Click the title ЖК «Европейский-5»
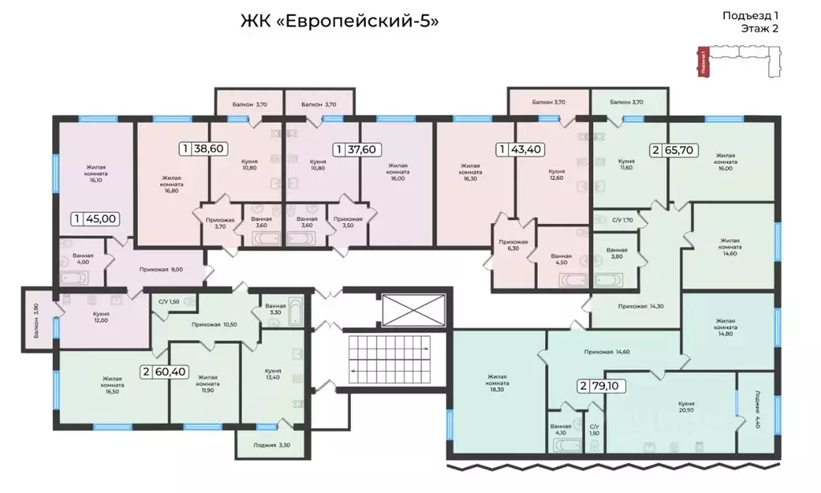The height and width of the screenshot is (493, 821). [x=339, y=21]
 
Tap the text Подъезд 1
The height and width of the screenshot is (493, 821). [x=750, y=14]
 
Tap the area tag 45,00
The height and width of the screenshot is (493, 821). [x=96, y=218]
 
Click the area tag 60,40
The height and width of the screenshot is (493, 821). [x=165, y=371]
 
